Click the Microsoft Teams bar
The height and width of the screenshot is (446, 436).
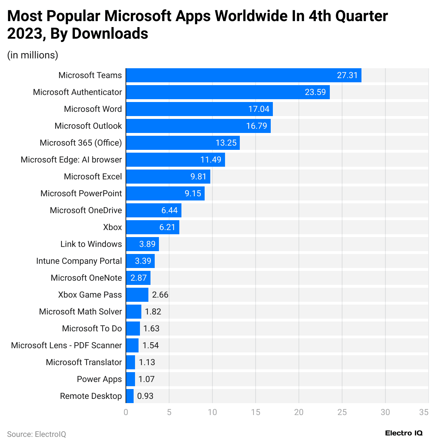243,75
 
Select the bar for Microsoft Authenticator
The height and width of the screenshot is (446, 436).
228,92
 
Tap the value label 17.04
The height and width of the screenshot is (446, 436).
259,109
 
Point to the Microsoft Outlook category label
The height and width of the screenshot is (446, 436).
88,126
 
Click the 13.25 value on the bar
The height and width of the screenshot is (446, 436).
226,143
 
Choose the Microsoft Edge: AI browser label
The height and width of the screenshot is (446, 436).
71,160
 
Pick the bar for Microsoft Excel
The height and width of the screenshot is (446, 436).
168,177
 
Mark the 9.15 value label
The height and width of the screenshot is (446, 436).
193,193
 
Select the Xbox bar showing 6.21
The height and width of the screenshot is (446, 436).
153,227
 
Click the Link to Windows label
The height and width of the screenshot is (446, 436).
91,244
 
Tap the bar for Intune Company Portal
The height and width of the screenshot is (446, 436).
140,261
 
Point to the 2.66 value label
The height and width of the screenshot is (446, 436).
160,295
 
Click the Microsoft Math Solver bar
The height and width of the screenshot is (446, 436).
134,312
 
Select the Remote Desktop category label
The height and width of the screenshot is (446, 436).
91,396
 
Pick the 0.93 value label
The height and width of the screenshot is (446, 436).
145,396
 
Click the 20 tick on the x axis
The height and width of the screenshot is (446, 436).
299,412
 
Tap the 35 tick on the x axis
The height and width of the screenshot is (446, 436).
424,412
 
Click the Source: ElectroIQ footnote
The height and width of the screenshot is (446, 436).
37,434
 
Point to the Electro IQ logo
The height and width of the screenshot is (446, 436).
404,433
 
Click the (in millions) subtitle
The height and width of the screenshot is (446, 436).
33,55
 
